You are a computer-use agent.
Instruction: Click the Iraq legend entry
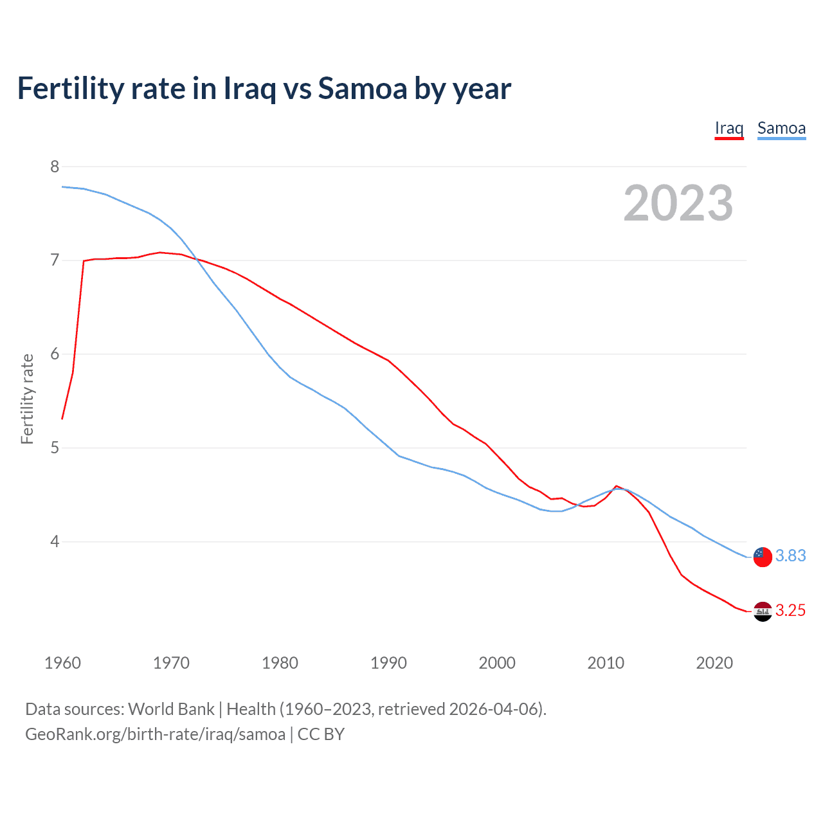tap(729, 128)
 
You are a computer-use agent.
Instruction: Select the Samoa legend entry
tap(781, 128)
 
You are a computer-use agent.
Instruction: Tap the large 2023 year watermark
tap(678, 203)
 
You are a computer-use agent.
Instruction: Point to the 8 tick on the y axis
tap(54, 167)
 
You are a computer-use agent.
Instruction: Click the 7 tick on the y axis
tap(54, 260)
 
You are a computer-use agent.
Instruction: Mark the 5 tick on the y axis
tap(54, 448)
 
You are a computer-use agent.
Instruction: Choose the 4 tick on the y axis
tap(54, 541)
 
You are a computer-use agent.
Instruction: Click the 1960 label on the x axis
tap(62, 663)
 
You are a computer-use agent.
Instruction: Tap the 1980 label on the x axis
tap(280, 663)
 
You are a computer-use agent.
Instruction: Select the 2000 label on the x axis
tap(497, 663)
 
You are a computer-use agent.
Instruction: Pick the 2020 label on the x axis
tap(714, 663)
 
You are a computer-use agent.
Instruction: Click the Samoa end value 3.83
tap(790, 556)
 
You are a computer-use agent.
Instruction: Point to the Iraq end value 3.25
tap(790, 611)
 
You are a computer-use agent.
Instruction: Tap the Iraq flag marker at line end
tap(763, 611)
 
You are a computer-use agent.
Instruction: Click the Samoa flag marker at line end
tap(763, 557)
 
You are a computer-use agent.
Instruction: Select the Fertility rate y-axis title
tap(27, 399)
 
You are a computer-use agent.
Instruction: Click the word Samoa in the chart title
tap(362, 89)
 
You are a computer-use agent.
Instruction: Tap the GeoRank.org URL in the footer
tap(155, 734)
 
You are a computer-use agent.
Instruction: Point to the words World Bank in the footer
tap(171, 709)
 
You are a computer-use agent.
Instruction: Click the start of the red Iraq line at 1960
tap(62, 419)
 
